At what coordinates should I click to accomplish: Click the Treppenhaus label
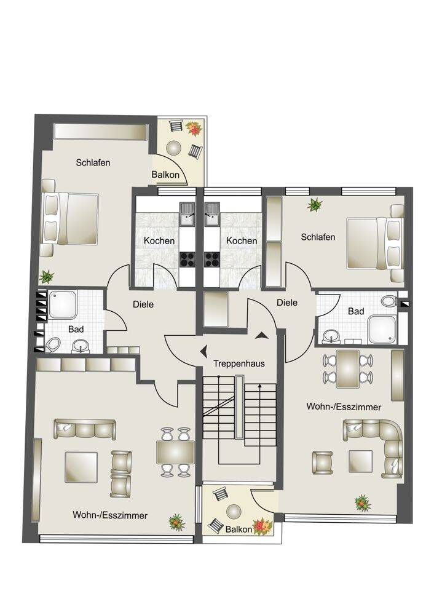coord(239,363)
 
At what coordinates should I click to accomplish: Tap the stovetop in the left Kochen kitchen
coord(187,260)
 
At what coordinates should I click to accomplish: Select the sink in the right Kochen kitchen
coord(211,214)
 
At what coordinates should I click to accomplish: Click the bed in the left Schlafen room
coord(70,218)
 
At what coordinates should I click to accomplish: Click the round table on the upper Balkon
coord(174,148)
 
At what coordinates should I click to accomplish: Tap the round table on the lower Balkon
coord(234,512)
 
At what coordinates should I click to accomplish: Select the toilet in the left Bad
coord(52,345)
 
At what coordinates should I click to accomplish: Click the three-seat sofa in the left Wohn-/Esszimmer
coord(85,429)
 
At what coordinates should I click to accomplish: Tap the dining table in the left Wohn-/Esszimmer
coord(175,452)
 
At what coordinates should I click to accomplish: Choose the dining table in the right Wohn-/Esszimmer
coord(348,368)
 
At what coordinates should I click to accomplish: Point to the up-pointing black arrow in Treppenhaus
coord(261,335)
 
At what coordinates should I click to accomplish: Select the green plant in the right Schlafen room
coord(314,204)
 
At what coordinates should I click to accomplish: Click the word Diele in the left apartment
coord(143,304)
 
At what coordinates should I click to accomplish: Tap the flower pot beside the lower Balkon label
coord(262,526)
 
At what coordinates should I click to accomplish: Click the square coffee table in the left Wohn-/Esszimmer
coord(81,467)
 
